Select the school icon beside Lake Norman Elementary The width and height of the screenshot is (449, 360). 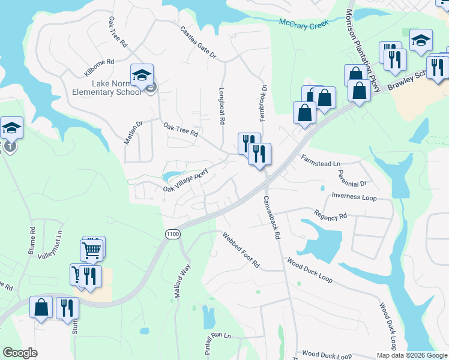point(142,75)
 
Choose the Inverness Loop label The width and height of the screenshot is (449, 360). point(354,196)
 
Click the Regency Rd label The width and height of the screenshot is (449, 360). point(330,214)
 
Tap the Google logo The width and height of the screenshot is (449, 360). point(20,353)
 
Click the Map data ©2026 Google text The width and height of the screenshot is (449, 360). point(411,355)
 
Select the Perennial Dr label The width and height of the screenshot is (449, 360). point(352,179)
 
